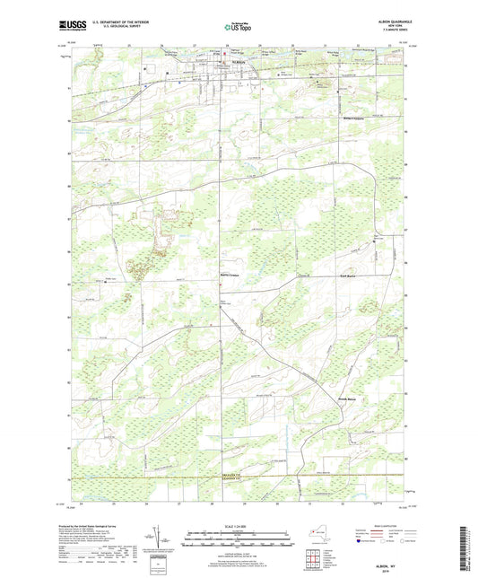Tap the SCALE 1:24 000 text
(238, 523)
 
